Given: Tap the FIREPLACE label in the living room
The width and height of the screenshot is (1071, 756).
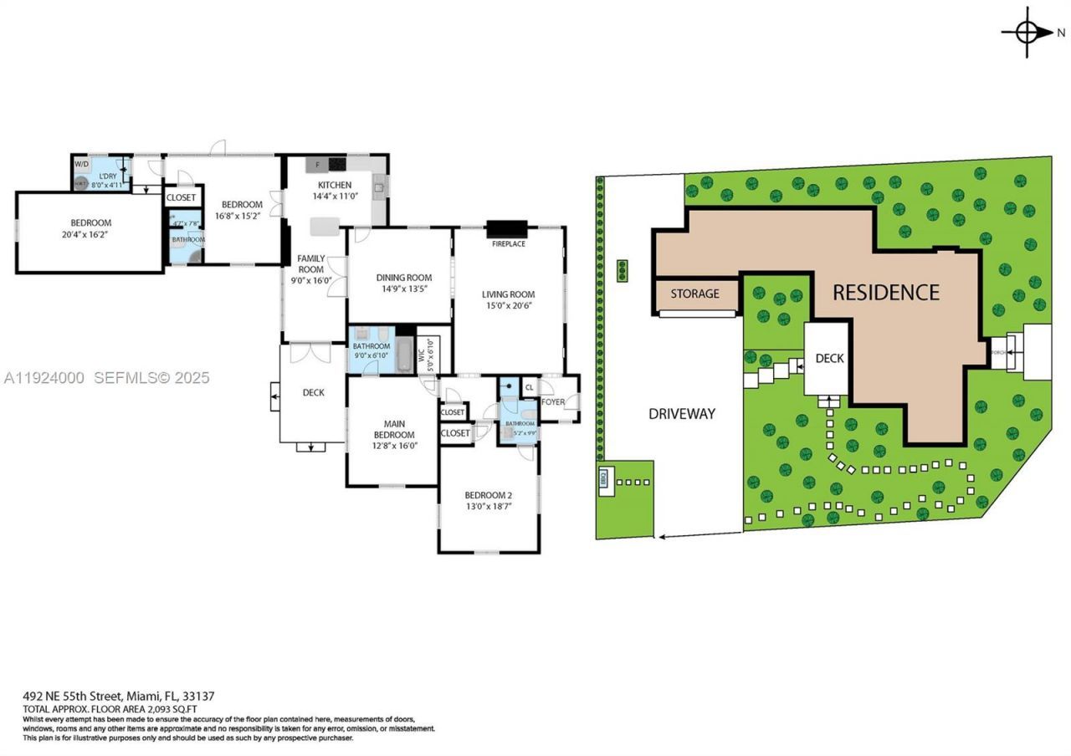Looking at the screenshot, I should point(508,243).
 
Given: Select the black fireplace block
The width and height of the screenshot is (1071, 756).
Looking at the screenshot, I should point(508,229).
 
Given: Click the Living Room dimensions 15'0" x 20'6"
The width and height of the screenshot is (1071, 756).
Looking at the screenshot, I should point(508,306).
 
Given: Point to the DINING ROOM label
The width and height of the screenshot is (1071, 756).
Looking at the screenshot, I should point(403,278).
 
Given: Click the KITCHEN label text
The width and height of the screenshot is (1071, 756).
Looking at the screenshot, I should point(334,185).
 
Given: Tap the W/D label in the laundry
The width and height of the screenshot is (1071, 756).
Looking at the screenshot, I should point(81,164).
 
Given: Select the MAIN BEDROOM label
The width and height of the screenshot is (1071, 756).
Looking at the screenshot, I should point(393,429).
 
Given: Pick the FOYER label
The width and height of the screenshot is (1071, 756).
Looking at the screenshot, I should point(553,402).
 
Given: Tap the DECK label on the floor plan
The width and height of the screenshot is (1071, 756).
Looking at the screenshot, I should point(313,392).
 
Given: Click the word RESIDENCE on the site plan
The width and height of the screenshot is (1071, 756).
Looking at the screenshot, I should point(885,293).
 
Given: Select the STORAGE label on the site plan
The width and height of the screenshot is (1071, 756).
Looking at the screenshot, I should point(694,294).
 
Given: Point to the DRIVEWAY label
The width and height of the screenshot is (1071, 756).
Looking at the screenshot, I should point(682,413).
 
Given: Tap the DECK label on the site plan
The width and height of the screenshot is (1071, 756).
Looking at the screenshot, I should point(829,358).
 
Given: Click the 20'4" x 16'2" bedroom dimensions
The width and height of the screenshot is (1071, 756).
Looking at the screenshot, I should point(90,235).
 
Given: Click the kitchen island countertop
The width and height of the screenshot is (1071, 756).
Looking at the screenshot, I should point(325,225).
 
